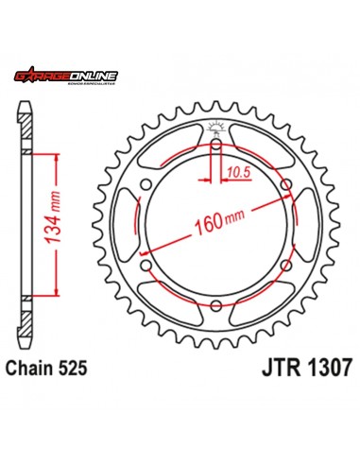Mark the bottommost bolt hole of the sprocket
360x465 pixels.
pyautogui.click(x=216, y=304)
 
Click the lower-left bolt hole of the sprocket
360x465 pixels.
pyautogui.click(x=147, y=265)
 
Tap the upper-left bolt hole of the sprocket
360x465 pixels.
pyautogui.click(x=147, y=185)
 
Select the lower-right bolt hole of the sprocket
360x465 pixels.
pyautogui.click(x=285, y=265)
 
